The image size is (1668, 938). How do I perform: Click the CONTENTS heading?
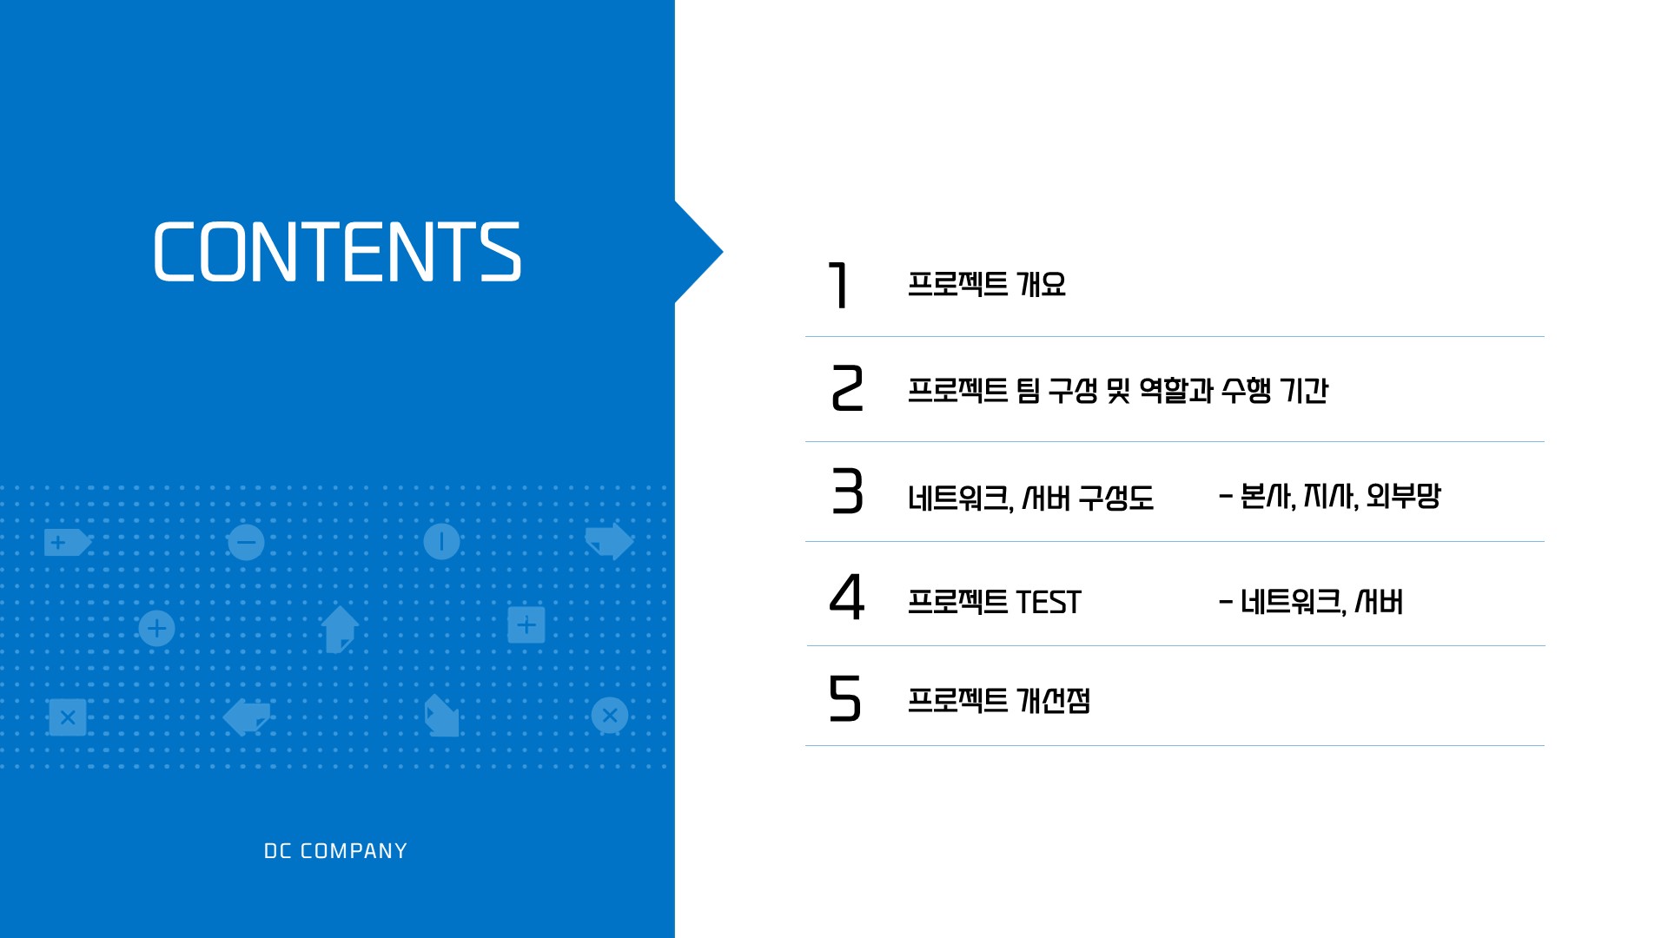337,252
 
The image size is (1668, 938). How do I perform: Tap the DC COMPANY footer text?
335,851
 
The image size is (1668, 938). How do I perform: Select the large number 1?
838,285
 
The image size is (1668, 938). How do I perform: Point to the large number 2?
847,388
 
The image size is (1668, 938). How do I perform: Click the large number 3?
847,492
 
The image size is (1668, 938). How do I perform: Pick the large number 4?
847,597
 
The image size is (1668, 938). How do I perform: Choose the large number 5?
845,698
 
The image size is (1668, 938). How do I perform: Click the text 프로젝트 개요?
987,284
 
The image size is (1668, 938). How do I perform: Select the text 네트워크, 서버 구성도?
1031,498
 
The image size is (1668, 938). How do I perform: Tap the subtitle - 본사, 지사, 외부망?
1330,496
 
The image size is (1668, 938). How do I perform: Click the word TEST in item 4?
1049,602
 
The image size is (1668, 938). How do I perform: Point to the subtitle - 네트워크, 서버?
1311,601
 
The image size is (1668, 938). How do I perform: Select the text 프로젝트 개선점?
999,700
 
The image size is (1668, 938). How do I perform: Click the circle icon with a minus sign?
247,542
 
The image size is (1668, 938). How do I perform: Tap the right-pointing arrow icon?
610,540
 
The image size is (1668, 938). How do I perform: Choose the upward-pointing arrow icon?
339,628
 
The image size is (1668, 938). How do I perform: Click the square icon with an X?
68,717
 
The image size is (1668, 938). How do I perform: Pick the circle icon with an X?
610,716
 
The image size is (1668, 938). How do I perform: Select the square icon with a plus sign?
526,624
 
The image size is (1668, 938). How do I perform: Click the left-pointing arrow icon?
247,717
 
